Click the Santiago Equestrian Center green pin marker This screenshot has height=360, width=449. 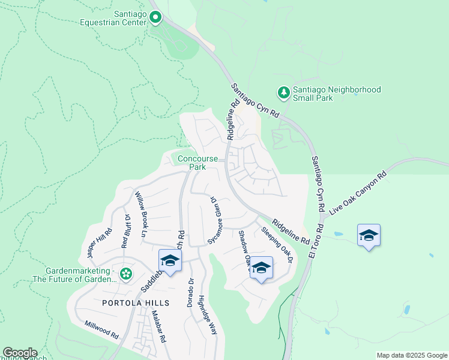[155, 17]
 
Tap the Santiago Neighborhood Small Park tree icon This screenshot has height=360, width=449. [283, 92]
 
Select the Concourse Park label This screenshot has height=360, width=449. [197, 163]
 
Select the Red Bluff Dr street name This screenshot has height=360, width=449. [125, 230]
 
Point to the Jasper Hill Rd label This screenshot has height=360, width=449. [99, 242]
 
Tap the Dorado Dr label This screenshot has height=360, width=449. [191, 290]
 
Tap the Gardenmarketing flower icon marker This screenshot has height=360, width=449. [125, 274]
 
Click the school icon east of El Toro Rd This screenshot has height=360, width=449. [368, 236]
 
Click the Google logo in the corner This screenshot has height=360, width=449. [19, 353]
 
